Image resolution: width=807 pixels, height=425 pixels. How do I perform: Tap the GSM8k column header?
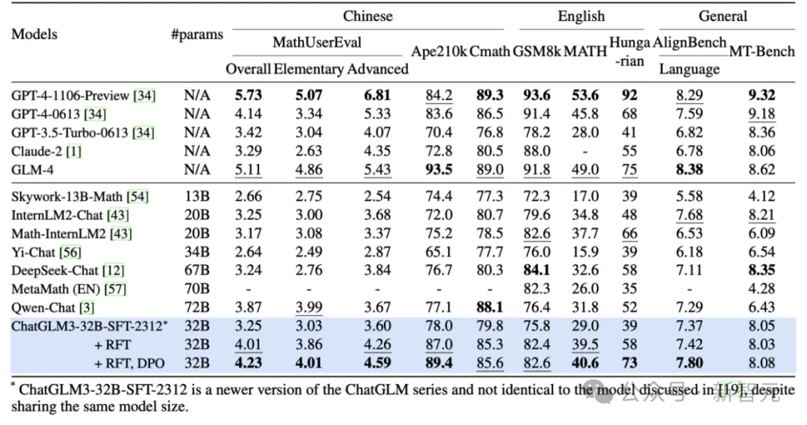tap(536, 51)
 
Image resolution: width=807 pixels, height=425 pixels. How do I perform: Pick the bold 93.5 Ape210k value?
tap(439, 170)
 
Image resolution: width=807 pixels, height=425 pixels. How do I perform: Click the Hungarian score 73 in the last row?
tap(630, 364)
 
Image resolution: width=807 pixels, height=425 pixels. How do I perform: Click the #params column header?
tap(197, 34)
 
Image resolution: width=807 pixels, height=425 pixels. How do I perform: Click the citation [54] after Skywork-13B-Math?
tap(137, 196)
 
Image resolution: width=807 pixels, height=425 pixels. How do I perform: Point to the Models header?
tap(34, 34)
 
